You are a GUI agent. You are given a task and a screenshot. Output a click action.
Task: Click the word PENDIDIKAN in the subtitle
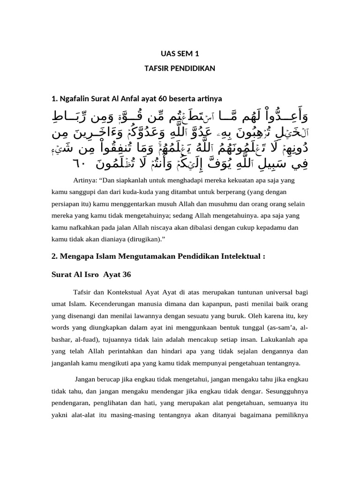194,68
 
